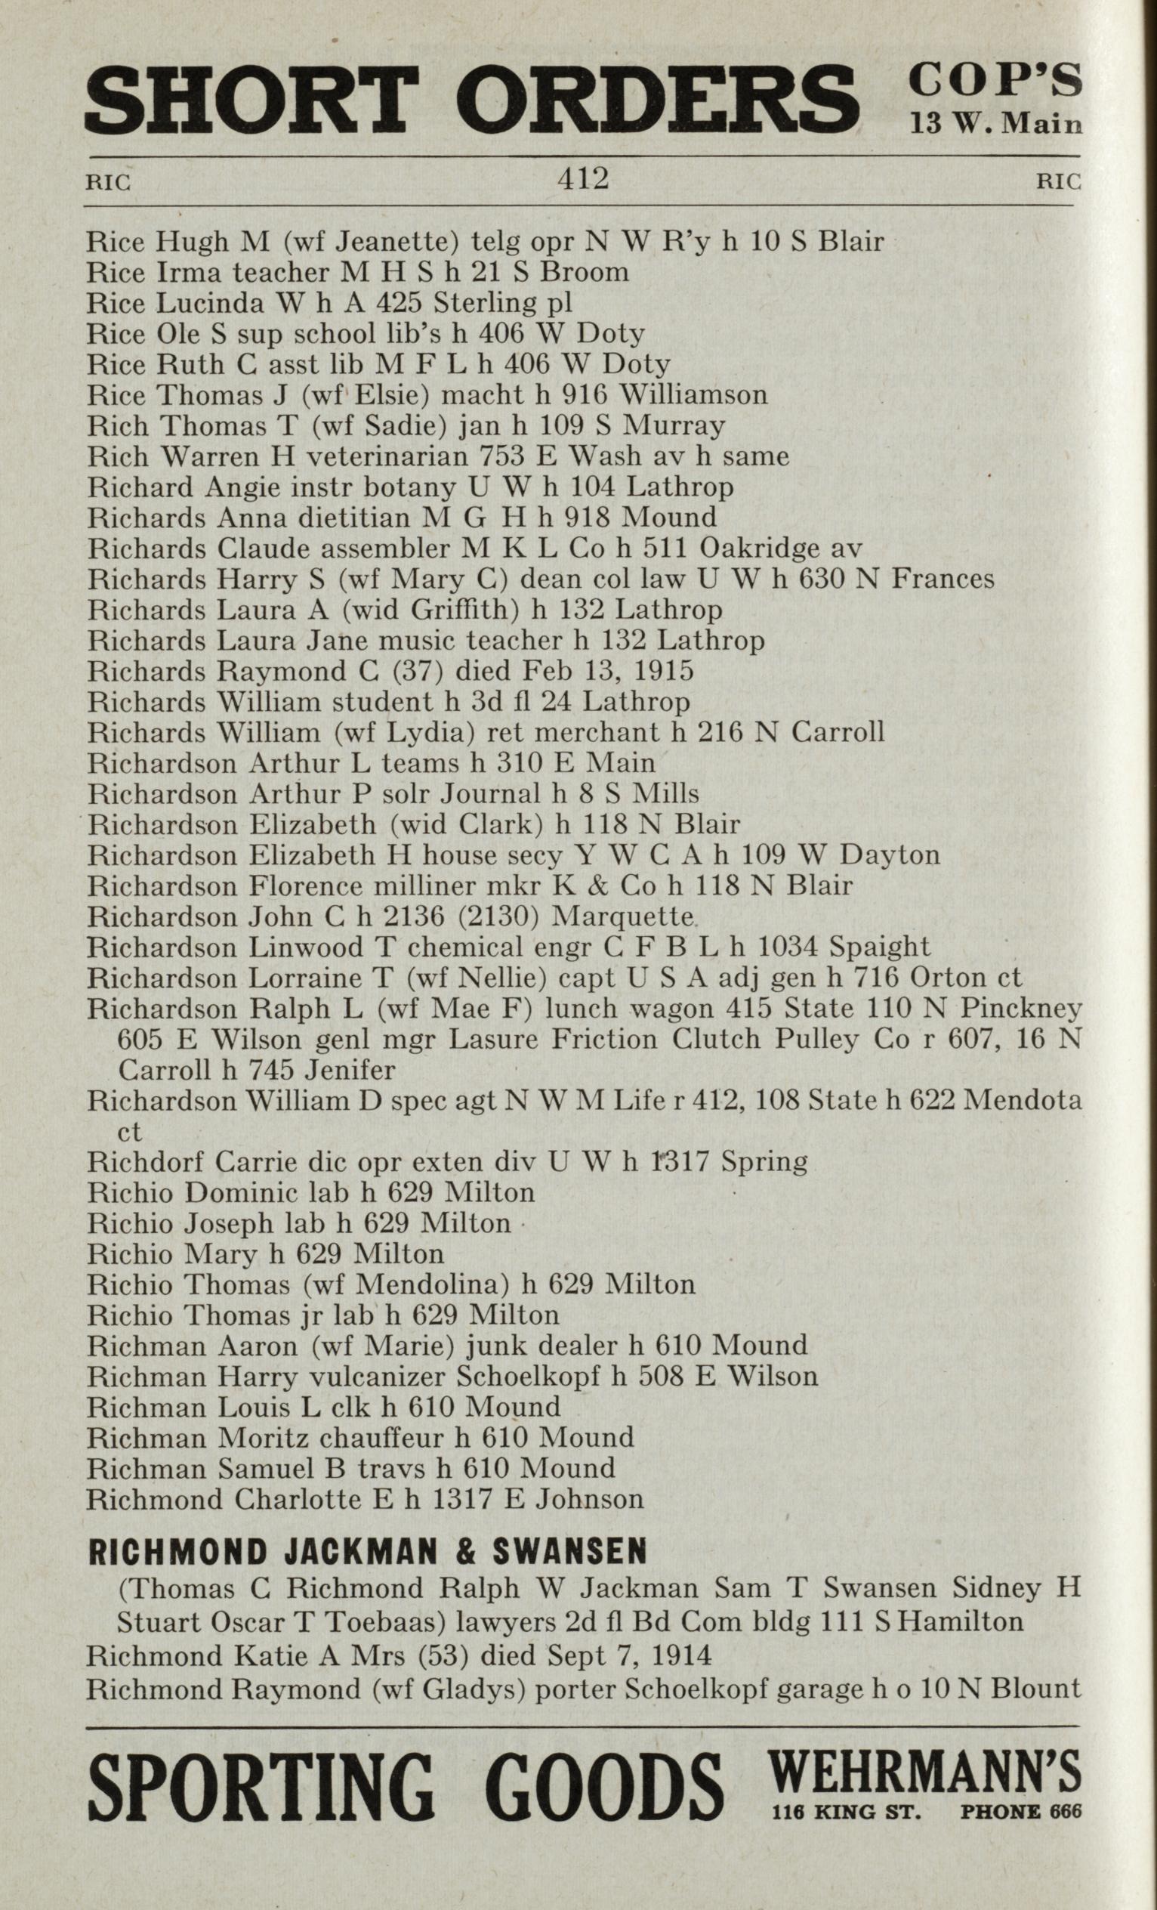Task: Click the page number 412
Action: pyautogui.click(x=583, y=180)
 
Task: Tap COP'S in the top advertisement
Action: pyautogui.click(x=995, y=80)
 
